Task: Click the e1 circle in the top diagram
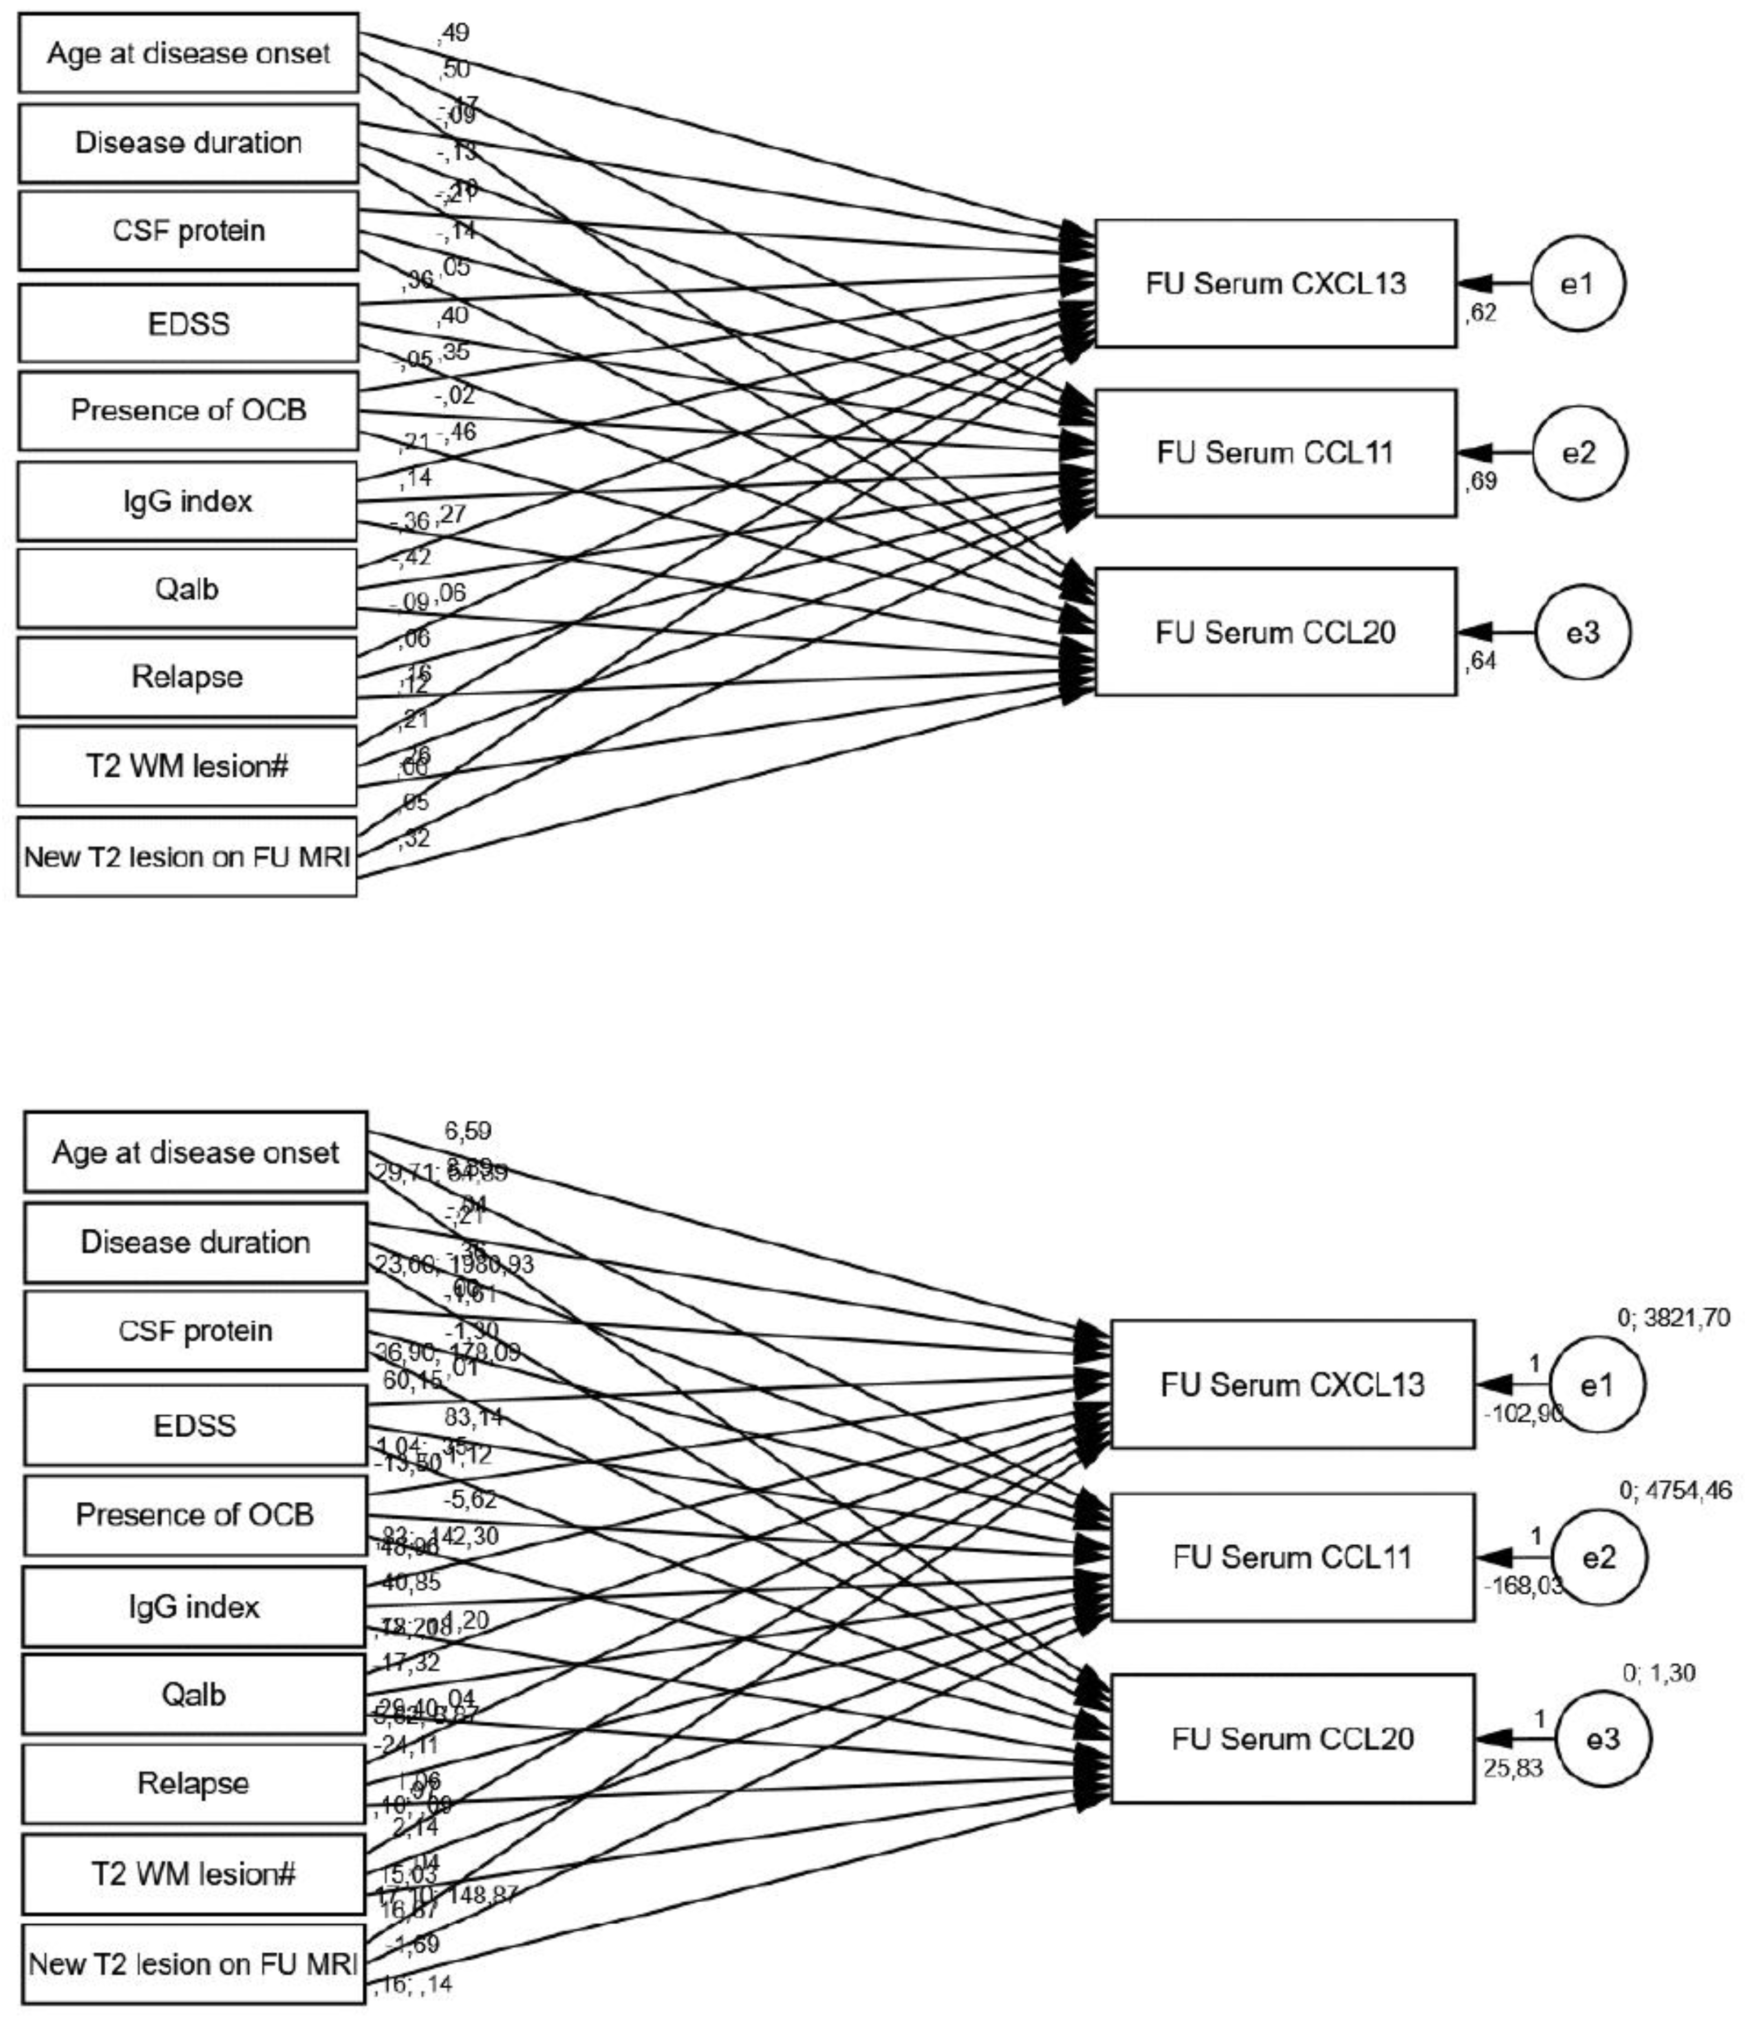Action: click(1577, 283)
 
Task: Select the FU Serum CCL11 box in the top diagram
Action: click(1275, 453)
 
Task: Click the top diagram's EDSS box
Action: click(188, 323)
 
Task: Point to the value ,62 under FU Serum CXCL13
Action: click(1481, 314)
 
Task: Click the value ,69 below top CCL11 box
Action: click(1481, 481)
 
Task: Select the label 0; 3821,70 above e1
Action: click(1674, 1318)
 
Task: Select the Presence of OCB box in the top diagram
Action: click(188, 410)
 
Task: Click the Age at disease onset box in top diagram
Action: click(188, 53)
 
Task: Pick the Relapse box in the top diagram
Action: click(186, 676)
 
